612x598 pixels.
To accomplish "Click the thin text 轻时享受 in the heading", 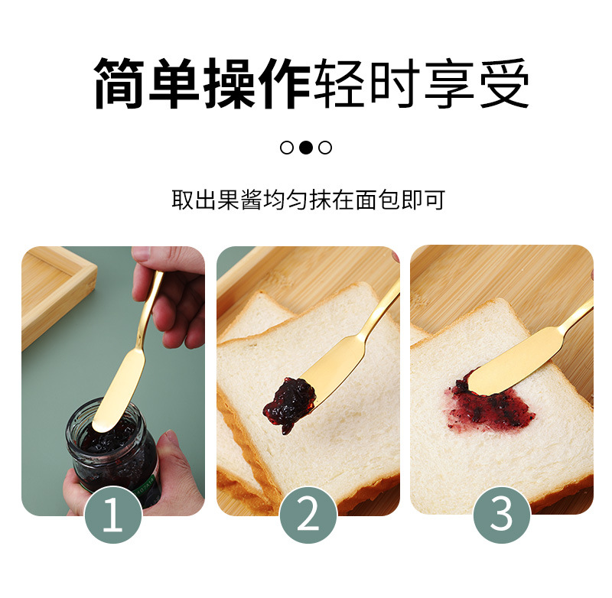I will [x=422, y=83].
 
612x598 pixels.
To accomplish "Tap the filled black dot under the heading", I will [x=306, y=148].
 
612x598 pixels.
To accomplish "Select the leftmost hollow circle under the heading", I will [x=287, y=148].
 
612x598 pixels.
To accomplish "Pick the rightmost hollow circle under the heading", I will [x=325, y=148].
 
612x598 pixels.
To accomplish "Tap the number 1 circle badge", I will [x=112, y=515].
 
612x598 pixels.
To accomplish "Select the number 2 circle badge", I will [x=308, y=515].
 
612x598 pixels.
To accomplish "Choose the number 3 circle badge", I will [x=502, y=515].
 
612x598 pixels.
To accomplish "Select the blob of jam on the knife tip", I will [x=289, y=402].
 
